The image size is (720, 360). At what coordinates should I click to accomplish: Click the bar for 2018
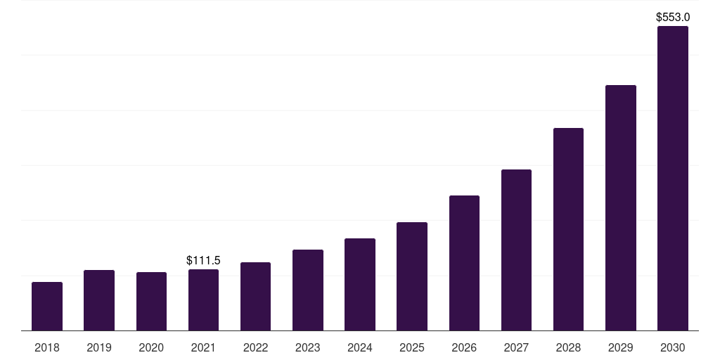coord(47,306)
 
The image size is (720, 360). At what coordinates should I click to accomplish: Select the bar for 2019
coord(99,300)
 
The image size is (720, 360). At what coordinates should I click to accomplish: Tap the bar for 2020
coord(151,301)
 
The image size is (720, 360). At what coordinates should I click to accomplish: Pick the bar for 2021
coord(203,300)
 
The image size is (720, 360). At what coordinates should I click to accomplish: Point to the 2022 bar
coord(255,296)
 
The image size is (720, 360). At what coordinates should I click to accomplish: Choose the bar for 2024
coord(360,284)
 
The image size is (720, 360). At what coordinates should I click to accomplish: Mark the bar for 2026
coord(464,263)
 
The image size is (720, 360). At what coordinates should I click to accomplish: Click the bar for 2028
coord(568,229)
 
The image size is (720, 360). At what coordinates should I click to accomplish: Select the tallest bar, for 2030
coord(672,179)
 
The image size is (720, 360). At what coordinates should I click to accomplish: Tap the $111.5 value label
coord(203,261)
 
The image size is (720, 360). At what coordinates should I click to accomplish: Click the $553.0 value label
coord(673,17)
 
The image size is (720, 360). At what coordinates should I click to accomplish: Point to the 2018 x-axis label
coord(47,347)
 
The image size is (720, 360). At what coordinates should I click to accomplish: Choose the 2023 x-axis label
coord(308,347)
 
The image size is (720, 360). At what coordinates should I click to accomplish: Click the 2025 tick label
coord(412,347)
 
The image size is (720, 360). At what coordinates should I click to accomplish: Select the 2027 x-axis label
coord(516,347)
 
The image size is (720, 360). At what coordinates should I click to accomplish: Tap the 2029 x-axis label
coord(620,347)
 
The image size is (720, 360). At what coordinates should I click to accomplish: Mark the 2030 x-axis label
coord(672,347)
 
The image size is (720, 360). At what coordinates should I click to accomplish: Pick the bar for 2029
coord(620,207)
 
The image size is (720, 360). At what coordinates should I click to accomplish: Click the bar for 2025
coord(412,276)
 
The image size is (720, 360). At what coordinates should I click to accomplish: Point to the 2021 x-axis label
coord(203,347)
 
